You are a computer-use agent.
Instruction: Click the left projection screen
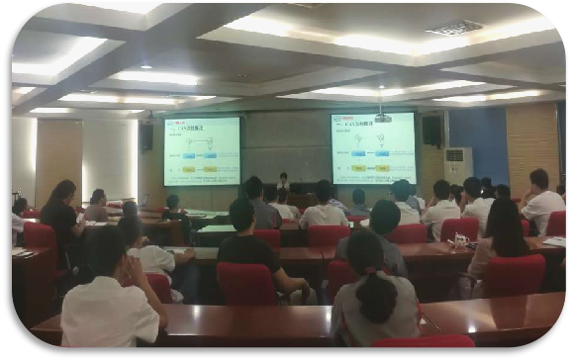pyautogui.click(x=202, y=150)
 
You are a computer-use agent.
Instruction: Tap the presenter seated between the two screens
pyautogui.click(x=284, y=182)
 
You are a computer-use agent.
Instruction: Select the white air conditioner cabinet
pyautogui.click(x=457, y=166)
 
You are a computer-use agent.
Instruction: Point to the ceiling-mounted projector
pyautogui.click(x=382, y=117)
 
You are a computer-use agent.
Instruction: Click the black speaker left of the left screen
pyautogui.click(x=146, y=135)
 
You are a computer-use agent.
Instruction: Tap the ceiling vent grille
pyautogui.click(x=455, y=28)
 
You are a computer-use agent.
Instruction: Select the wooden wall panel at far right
pyautogui.click(x=535, y=138)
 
